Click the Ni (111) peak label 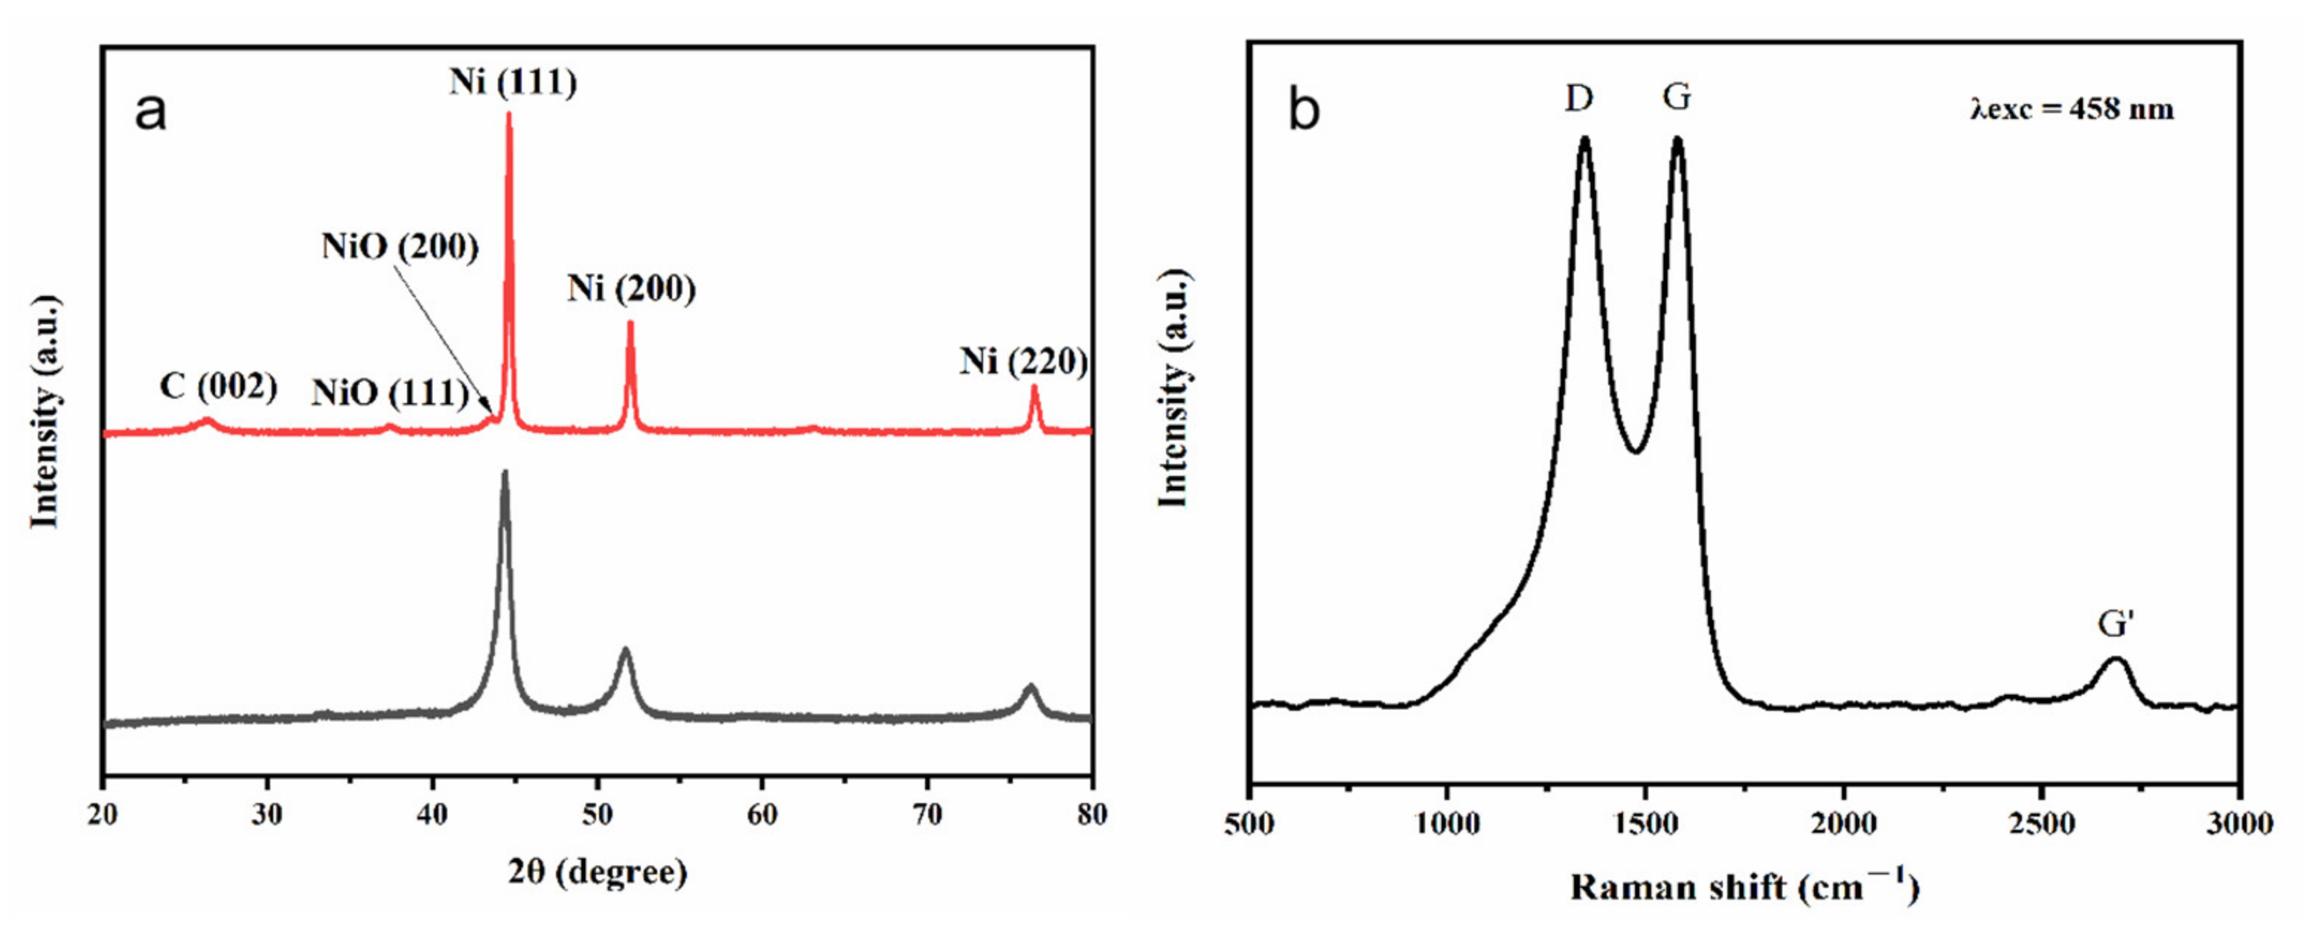pos(513,83)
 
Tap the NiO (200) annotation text pos(400,246)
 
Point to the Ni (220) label pos(1023,361)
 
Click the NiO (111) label pos(390,393)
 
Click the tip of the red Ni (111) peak pos(509,114)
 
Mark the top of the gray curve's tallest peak pos(505,473)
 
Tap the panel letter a pos(150,112)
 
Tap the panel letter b pos(1303,111)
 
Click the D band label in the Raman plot pos(1578,97)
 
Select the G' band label pos(2116,624)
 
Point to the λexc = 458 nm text pos(2072,109)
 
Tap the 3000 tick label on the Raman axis pos(2239,822)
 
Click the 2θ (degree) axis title pos(598,871)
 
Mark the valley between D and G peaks pos(1636,451)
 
